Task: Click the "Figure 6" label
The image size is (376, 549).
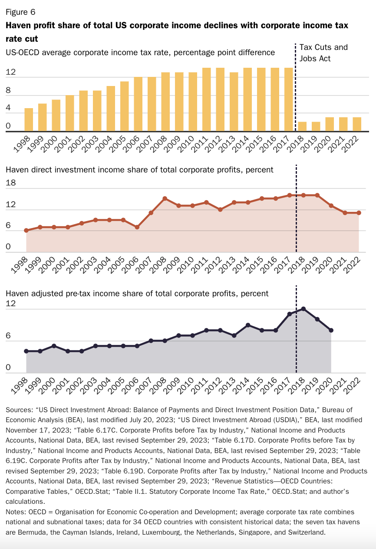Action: (20, 12)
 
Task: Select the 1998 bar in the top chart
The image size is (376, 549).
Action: (29, 119)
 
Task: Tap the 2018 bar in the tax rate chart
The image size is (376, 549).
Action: (302, 126)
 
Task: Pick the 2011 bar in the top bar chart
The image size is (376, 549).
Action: (207, 99)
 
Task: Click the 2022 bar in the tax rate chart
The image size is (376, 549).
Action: (357, 124)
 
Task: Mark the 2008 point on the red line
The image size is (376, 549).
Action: (165, 198)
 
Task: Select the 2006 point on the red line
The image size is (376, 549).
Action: (137, 227)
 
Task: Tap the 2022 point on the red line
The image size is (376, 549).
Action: (359, 213)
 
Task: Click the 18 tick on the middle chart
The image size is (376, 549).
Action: (10, 183)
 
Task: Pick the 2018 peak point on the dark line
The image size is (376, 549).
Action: (303, 309)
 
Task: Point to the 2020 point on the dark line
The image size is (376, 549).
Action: (331, 330)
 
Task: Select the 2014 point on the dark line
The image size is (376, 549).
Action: (248, 325)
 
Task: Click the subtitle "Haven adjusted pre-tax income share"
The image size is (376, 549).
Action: (137, 294)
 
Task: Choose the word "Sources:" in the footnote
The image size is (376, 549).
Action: (19, 410)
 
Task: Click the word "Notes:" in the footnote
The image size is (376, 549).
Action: (16, 512)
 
